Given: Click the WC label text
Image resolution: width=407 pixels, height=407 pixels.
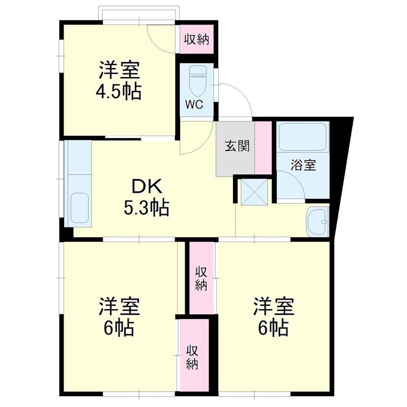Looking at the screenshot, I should coord(194,105).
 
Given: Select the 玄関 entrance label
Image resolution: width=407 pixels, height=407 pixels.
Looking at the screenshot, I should coord(238,147).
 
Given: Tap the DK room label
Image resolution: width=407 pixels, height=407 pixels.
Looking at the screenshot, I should coord(147,187).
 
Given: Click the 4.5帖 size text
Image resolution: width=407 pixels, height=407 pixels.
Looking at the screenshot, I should coord(119,92).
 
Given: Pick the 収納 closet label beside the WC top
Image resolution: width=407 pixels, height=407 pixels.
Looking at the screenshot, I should coord(197,39).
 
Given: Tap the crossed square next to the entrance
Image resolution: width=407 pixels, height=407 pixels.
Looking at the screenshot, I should coord(254,191).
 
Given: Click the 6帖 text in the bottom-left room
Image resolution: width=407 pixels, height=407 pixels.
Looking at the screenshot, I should coord(119,328).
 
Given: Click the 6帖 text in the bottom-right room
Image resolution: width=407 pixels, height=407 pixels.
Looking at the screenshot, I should coord(274,328).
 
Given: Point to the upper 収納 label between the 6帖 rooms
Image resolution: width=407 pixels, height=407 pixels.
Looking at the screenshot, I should coord(201,278).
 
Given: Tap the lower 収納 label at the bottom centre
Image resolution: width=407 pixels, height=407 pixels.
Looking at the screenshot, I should coord(192,358).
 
